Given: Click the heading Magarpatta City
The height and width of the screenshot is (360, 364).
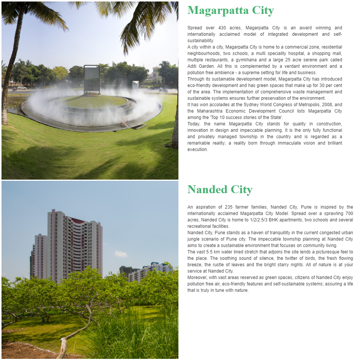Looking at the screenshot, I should click(230, 11).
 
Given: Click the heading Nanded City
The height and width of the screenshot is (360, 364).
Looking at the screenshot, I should click(220, 189).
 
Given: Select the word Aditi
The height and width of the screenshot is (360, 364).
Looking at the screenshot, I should click(193, 66).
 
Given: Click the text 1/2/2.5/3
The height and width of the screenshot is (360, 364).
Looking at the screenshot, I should click(261, 220).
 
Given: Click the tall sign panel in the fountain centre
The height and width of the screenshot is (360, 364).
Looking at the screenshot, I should click(92, 79).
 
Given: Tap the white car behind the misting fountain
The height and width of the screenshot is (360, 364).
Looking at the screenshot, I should click(22, 88).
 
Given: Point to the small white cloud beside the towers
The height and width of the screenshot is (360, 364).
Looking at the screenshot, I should click(121, 254).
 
